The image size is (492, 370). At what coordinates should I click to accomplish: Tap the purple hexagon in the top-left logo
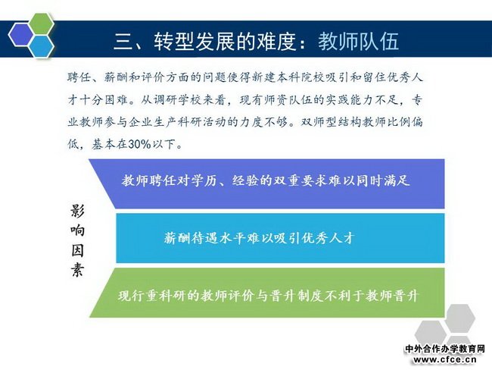[20, 35]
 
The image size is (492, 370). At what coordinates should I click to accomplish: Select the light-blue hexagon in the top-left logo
[41, 46]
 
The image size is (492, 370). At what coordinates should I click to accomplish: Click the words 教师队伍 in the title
[359, 41]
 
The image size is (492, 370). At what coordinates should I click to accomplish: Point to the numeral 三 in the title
[123, 41]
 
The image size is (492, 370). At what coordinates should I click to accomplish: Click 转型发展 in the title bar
[194, 41]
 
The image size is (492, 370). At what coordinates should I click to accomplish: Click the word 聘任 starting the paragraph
[79, 77]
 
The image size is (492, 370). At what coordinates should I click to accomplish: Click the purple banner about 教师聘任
[266, 184]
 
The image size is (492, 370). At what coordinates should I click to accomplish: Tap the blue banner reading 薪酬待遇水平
[280, 238]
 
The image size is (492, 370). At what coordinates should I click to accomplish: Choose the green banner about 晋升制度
[267, 293]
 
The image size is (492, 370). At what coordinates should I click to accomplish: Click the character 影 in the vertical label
[77, 211]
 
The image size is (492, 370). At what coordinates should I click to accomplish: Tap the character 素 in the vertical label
[77, 270]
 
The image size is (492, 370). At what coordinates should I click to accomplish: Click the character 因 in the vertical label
[77, 250]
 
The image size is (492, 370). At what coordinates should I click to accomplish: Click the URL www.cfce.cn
[445, 359]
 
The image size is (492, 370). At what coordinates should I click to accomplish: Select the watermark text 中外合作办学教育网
[445, 349]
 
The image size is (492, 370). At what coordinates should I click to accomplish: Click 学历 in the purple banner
[205, 180]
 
